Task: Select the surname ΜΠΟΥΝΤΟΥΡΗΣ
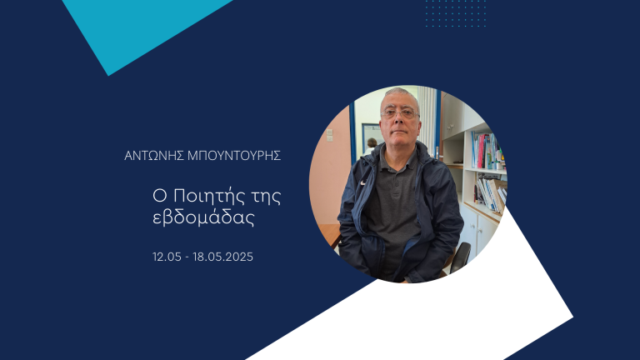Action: pos(234,156)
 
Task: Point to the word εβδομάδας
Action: pos(203,217)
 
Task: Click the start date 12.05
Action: pos(167,257)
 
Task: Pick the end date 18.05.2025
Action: pos(222,257)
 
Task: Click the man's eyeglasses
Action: pos(400,113)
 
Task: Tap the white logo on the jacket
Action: pos(362,182)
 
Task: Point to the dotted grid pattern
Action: pos(456,13)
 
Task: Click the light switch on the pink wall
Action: pos(329,135)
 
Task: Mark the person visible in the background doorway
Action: pos(371,147)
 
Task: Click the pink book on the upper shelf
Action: pos(480,151)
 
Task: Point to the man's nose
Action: pos(400,120)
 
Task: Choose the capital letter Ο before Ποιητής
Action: pos(160,197)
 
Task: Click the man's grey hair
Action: pos(399,93)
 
